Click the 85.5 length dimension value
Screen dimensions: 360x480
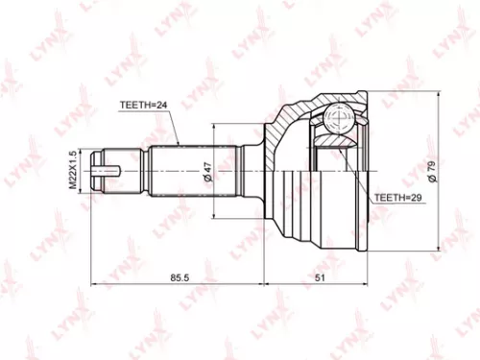click(x=179, y=277)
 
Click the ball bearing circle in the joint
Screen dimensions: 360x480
click(x=339, y=121)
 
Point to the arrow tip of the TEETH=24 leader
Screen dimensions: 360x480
click(x=180, y=145)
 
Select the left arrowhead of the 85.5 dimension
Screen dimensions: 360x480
click(x=93, y=285)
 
